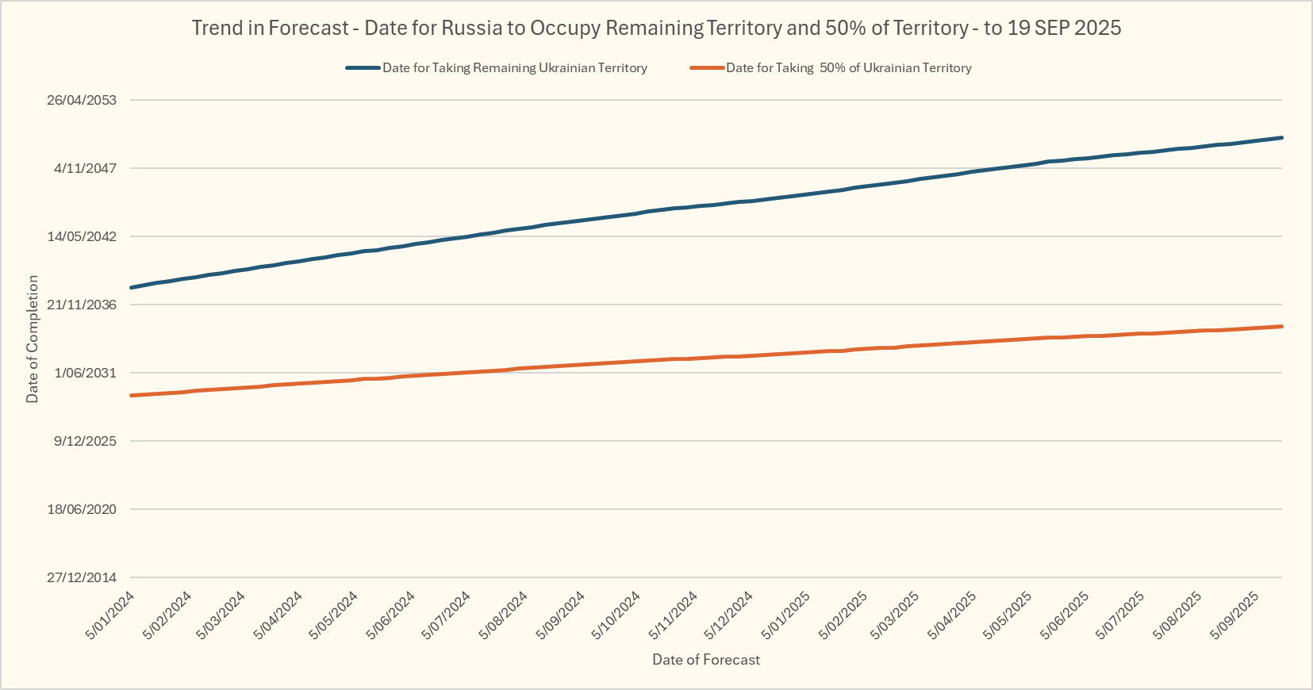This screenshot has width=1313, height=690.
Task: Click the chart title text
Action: (656, 28)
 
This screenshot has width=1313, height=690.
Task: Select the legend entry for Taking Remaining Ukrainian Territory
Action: (514, 68)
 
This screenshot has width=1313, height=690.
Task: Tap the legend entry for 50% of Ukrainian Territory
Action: (848, 68)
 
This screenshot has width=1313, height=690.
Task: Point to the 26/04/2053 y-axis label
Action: (82, 100)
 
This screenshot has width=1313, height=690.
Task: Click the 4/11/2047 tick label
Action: (85, 168)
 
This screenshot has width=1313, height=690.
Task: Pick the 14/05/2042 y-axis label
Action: (82, 236)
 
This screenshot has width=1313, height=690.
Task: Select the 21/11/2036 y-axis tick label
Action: (82, 305)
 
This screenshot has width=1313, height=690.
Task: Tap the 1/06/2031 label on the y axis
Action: (85, 373)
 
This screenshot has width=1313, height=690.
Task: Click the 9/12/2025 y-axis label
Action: (85, 441)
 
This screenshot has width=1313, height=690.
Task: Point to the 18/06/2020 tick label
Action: (82, 509)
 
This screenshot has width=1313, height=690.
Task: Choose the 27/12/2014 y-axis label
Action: (82, 577)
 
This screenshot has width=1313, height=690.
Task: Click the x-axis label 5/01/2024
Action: (110, 615)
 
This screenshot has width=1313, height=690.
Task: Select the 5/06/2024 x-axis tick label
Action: (391, 615)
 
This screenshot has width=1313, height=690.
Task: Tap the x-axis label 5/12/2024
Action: (729, 615)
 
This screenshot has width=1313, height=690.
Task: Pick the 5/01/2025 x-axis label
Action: (785, 615)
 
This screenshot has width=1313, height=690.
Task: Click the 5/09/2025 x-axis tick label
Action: (1234, 615)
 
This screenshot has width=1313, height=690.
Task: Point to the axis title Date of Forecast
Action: (705, 660)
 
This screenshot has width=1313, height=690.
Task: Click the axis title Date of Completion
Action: (33, 339)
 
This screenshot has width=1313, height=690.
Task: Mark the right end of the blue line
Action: (1281, 138)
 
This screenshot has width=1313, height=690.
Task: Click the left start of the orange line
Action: (132, 395)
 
